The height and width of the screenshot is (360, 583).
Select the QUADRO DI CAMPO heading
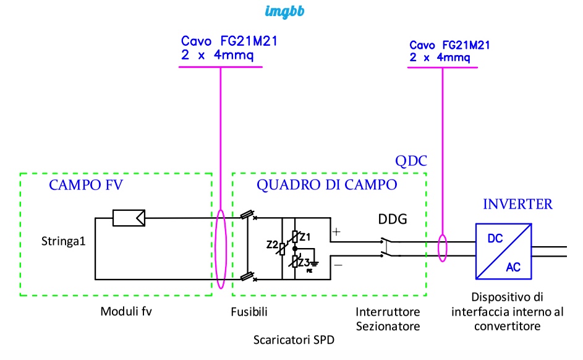pyautogui.click(x=327, y=185)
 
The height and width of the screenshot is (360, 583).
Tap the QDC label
pyautogui.click(x=411, y=161)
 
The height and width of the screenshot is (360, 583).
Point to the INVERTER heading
pyautogui.click(x=517, y=204)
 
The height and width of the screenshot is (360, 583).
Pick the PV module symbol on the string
pyautogui.click(x=129, y=218)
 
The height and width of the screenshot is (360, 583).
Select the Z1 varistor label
pyautogui.click(x=305, y=236)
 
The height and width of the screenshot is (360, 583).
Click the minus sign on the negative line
pyautogui.click(x=338, y=264)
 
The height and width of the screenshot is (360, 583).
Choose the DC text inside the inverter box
pyautogui.click(x=495, y=238)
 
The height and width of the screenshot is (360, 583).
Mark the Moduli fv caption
pyautogui.click(x=126, y=311)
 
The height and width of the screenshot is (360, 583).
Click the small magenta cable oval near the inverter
pyautogui.click(x=443, y=247)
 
